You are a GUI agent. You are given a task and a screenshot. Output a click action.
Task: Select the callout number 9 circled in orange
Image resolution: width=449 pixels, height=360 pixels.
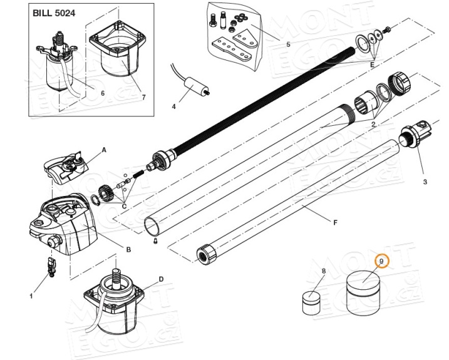(x=381, y=260)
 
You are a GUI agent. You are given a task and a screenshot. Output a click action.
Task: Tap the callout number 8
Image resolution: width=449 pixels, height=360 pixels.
(x=324, y=271)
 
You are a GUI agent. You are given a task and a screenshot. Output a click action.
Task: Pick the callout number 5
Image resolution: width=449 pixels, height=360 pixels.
(x=288, y=44)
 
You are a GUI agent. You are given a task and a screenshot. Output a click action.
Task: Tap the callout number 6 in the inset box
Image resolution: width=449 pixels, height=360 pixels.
(x=103, y=94)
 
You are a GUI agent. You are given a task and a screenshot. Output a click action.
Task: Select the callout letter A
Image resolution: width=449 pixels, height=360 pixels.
(x=104, y=150)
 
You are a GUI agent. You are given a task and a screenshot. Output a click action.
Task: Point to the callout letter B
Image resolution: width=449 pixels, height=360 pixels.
(x=128, y=249)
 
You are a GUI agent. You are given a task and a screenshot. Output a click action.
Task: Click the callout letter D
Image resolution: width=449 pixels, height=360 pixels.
(x=161, y=279)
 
